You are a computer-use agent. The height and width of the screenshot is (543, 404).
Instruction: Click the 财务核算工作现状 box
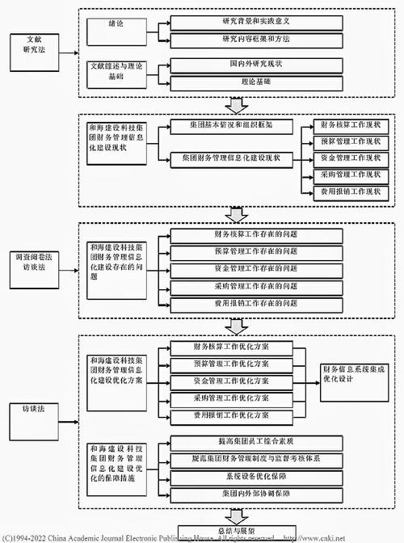point(350,127)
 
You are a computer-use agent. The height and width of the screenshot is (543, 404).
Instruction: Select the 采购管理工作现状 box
point(350,175)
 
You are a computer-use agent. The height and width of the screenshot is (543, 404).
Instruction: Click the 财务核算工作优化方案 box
point(231,347)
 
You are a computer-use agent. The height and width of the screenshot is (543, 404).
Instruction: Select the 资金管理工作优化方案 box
point(231,381)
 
